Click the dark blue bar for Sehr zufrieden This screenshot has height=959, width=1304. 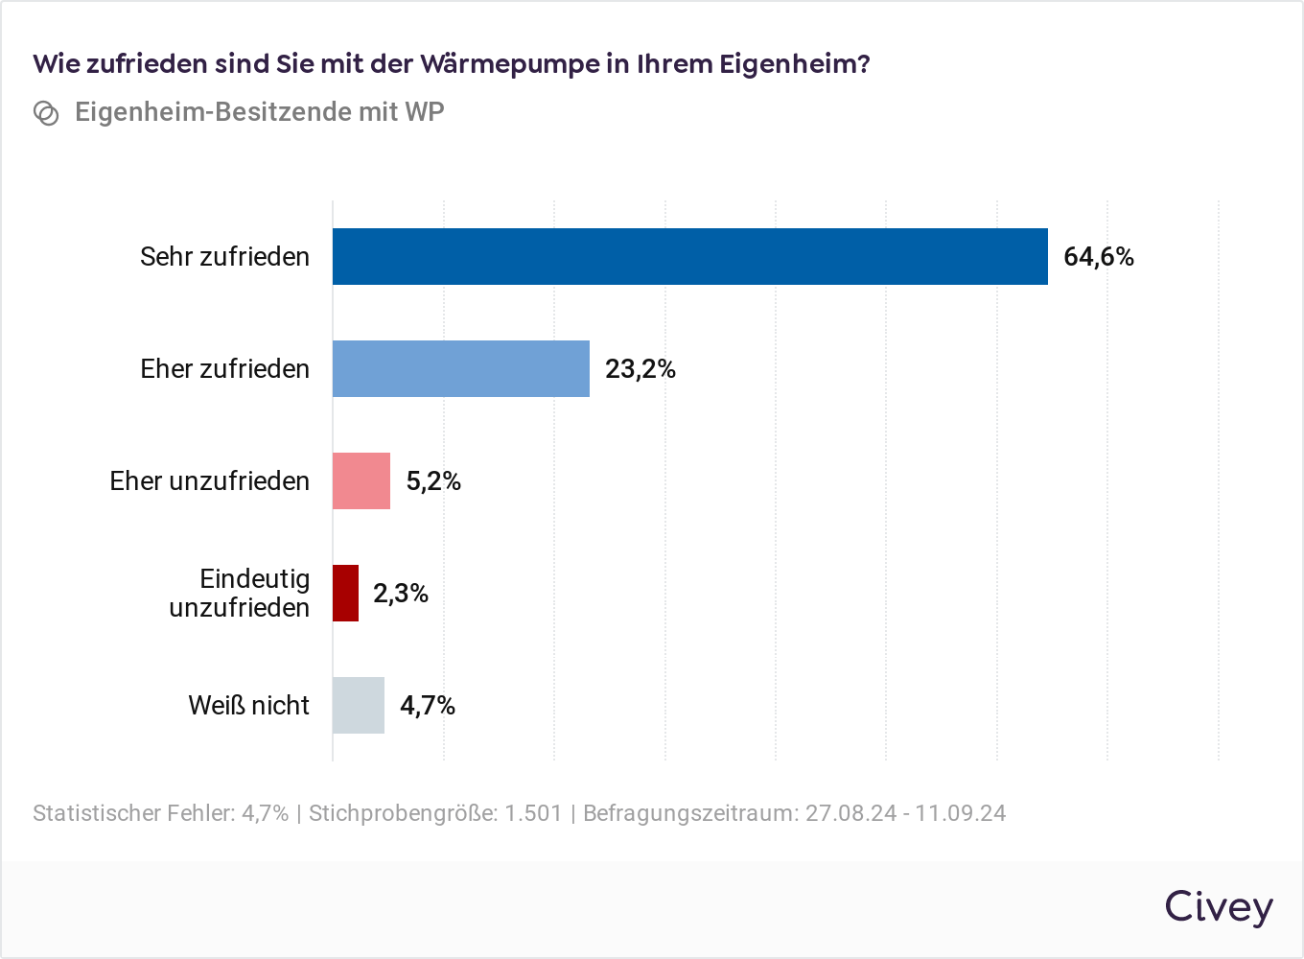[x=689, y=256]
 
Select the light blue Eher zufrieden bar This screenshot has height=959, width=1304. [x=460, y=368]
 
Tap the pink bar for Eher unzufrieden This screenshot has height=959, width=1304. [x=361, y=480]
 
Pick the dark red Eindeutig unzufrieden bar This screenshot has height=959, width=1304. [x=345, y=593]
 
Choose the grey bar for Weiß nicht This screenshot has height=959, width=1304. [x=358, y=705]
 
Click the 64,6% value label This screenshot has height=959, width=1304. [x=1099, y=257]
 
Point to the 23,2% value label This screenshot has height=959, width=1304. [x=640, y=369]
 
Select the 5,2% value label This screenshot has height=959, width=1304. [x=433, y=481]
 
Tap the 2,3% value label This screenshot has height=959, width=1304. [x=400, y=594]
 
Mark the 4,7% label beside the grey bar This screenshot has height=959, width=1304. [x=427, y=706]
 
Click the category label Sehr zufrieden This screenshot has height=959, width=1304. [x=224, y=257]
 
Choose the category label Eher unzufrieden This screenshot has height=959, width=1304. [x=209, y=481]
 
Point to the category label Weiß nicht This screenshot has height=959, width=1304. [x=248, y=706]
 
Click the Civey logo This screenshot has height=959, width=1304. [x=1219, y=907]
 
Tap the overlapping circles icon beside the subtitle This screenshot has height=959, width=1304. [x=46, y=113]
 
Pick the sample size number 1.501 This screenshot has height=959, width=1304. [x=533, y=813]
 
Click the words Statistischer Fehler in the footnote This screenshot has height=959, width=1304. [x=133, y=813]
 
